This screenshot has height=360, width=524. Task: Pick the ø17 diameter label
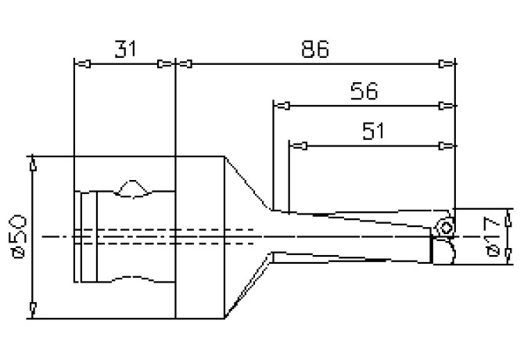(492, 237)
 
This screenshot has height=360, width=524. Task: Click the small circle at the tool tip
(444, 225)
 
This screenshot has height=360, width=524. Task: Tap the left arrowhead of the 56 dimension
(285, 105)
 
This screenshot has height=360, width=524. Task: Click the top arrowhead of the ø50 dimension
(33, 165)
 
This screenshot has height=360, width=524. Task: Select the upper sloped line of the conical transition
(248, 183)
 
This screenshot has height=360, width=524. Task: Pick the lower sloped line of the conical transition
(249, 287)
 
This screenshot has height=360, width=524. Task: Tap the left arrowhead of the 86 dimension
(186, 63)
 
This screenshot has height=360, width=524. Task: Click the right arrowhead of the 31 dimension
(164, 63)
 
